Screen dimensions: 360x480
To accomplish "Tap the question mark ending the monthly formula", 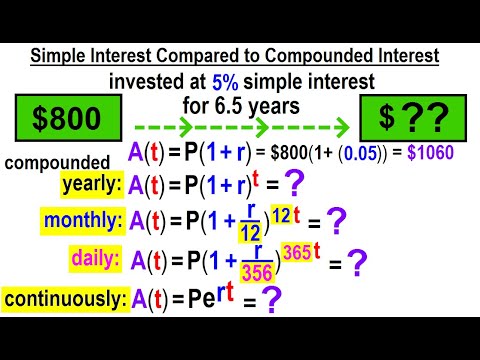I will [x=336, y=221].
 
